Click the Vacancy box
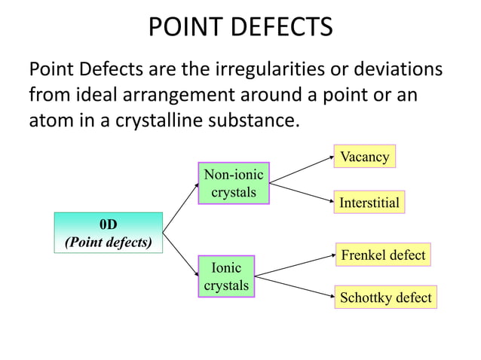click(x=364, y=157)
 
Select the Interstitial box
click(x=369, y=203)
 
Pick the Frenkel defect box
click(x=382, y=255)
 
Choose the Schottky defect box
click(x=385, y=297)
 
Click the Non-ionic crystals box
click(x=233, y=184)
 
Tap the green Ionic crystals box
click(x=226, y=276)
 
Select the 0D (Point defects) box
click(x=109, y=233)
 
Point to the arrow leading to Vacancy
click(x=302, y=170)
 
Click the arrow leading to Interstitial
click(x=302, y=191)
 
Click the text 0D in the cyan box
click(x=109, y=224)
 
